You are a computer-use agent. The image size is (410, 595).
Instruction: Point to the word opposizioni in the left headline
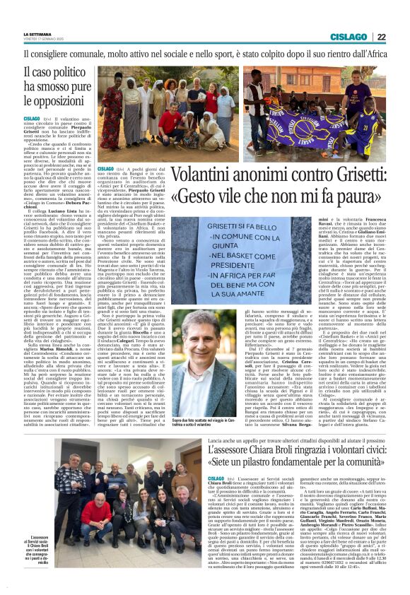pos(59,104)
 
